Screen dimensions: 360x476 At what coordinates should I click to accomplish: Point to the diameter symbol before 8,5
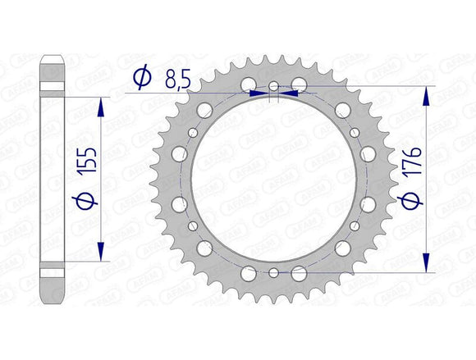click(142, 78)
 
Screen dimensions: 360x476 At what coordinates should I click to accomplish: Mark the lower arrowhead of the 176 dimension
click(425, 262)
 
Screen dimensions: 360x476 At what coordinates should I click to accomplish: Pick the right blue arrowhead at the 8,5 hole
click(288, 93)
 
